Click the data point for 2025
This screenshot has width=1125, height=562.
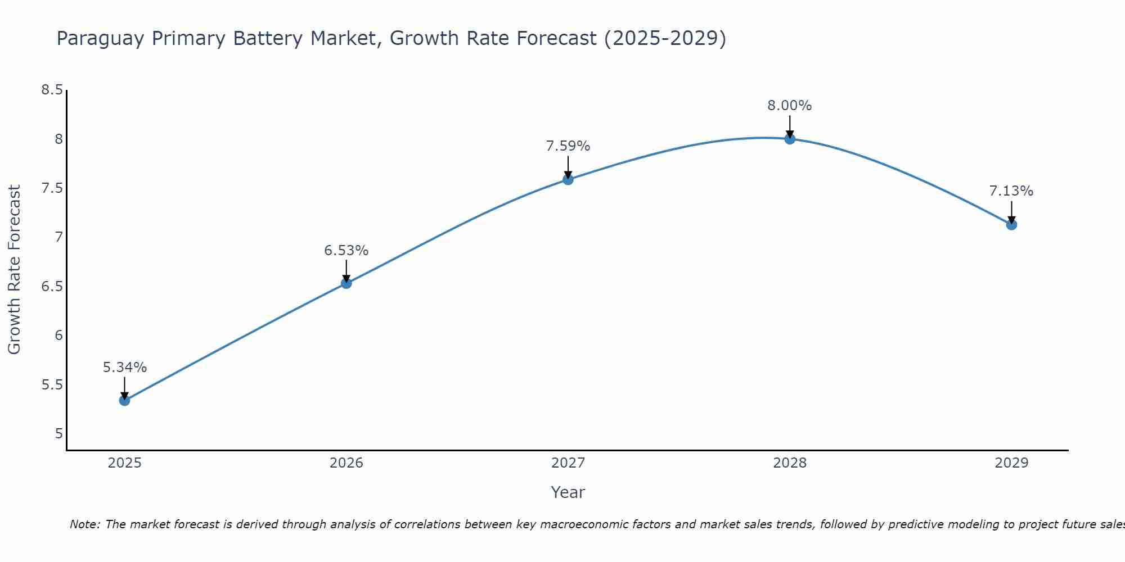tap(125, 400)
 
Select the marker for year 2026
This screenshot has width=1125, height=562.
tap(346, 283)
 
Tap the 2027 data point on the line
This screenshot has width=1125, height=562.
tap(568, 179)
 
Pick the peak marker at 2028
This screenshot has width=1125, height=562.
tap(790, 139)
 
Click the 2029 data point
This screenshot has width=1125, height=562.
tap(1011, 225)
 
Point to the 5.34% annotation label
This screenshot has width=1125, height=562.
tap(125, 368)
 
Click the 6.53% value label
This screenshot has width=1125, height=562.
tap(346, 251)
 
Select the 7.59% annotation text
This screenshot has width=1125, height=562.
tap(568, 146)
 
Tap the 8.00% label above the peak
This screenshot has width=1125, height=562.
tap(790, 106)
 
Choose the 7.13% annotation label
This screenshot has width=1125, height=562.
tap(1011, 191)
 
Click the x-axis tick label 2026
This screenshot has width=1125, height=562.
tap(346, 463)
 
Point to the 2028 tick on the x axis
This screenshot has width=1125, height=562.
tap(790, 463)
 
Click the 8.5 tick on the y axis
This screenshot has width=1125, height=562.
tap(52, 90)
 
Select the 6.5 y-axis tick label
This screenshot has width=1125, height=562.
tap(52, 287)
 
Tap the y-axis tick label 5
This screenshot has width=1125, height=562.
tap(59, 434)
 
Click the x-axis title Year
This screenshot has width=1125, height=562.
tap(568, 492)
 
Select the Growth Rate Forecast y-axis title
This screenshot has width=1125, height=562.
tap(15, 270)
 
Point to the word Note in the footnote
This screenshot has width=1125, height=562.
tap(84, 524)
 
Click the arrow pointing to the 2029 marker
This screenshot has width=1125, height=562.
tap(1011, 212)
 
